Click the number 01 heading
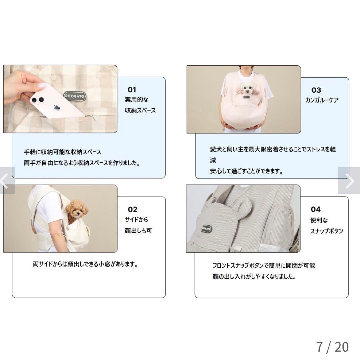[x=132, y=90]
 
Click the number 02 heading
[x=132, y=210]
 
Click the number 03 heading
[x=316, y=90]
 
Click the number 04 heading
[x=315, y=209]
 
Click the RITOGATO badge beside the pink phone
[x=74, y=95]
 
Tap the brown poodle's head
[x=74, y=209]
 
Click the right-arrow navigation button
[x=349, y=181]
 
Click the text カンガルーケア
[x=322, y=100]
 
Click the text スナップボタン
[x=326, y=231]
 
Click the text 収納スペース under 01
[x=140, y=110]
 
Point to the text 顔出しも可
[x=138, y=230]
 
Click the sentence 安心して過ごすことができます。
[x=246, y=171]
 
